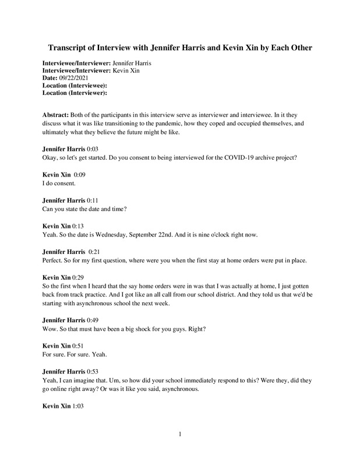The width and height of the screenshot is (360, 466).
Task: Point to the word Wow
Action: pyautogui.click(x=51, y=327)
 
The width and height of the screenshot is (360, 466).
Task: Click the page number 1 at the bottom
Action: pyautogui.click(x=181, y=434)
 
